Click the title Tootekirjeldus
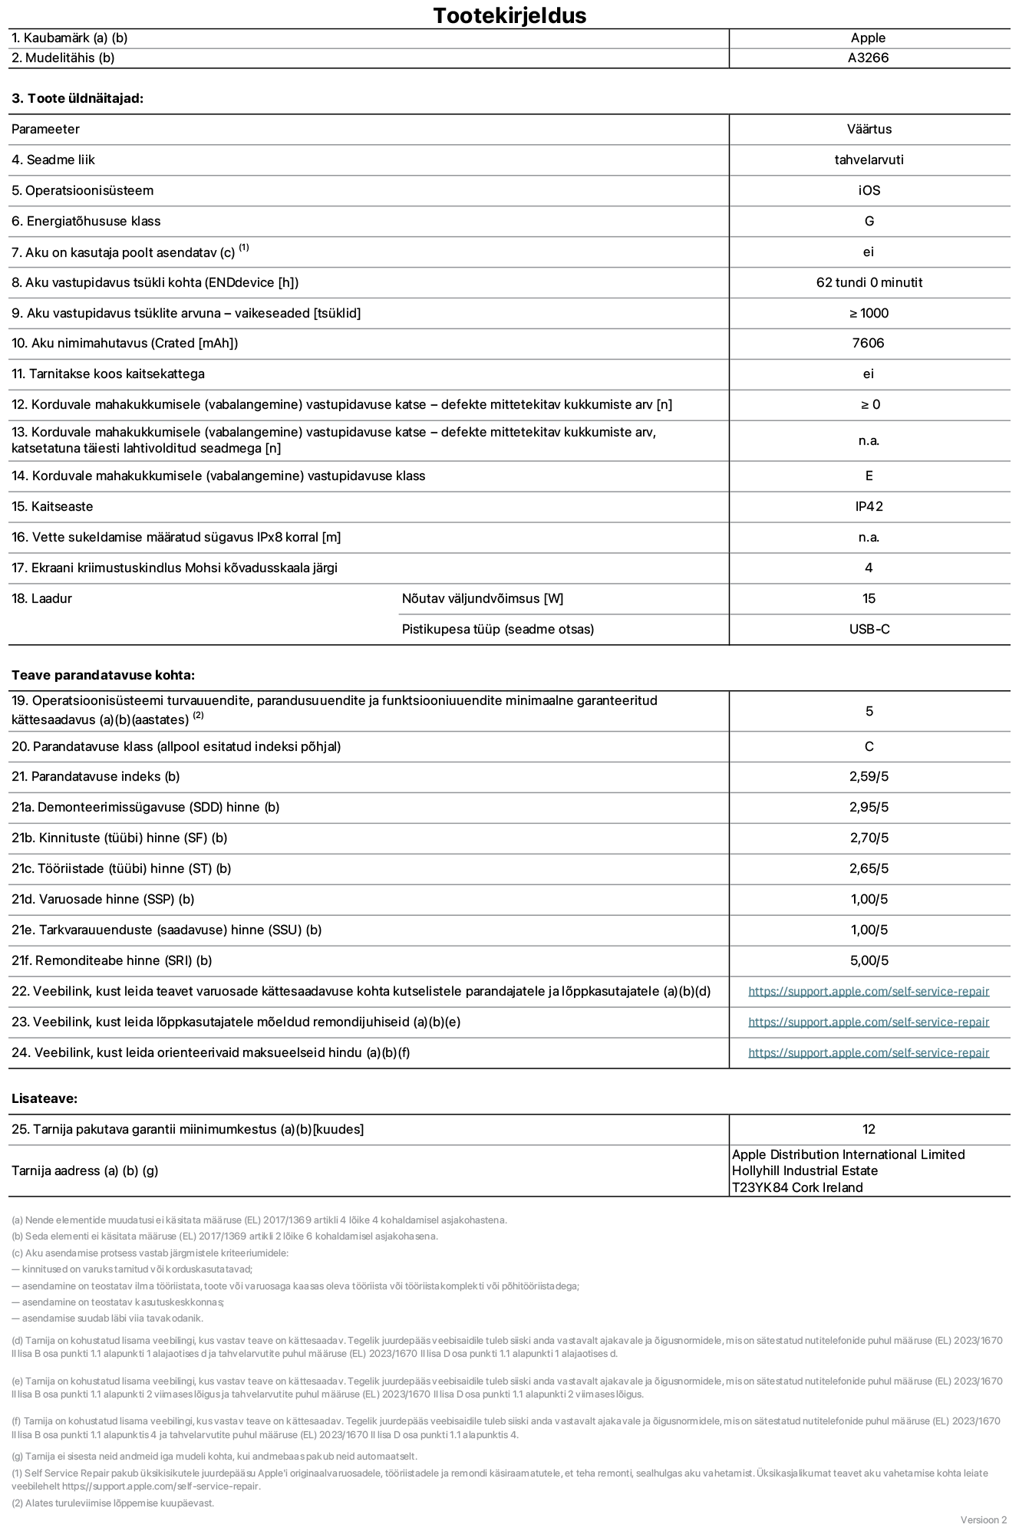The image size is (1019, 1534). tap(509, 15)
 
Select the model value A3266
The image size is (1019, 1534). tap(868, 58)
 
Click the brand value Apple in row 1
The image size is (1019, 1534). tap(868, 38)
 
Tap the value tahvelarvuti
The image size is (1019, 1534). tap(869, 160)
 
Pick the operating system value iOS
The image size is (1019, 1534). tap(869, 190)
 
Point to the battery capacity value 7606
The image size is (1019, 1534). tap(868, 343)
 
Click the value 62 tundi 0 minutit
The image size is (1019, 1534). tap(869, 282)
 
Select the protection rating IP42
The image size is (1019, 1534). tap(869, 506)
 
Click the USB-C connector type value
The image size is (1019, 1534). tap(869, 629)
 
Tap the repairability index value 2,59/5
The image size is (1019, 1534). tap(869, 776)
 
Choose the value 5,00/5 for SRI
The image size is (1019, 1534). tap(869, 960)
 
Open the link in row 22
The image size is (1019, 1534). tap(869, 991)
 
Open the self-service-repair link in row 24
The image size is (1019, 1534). tap(869, 1052)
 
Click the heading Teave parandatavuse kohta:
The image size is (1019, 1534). tap(103, 675)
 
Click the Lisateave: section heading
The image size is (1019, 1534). tap(45, 1098)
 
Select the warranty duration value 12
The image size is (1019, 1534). tap(869, 1129)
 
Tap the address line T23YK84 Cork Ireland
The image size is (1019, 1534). tap(797, 1187)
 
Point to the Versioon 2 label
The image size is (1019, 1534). tap(983, 1519)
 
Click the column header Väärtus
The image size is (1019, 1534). tap(869, 129)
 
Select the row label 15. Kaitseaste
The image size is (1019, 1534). tap(52, 506)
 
